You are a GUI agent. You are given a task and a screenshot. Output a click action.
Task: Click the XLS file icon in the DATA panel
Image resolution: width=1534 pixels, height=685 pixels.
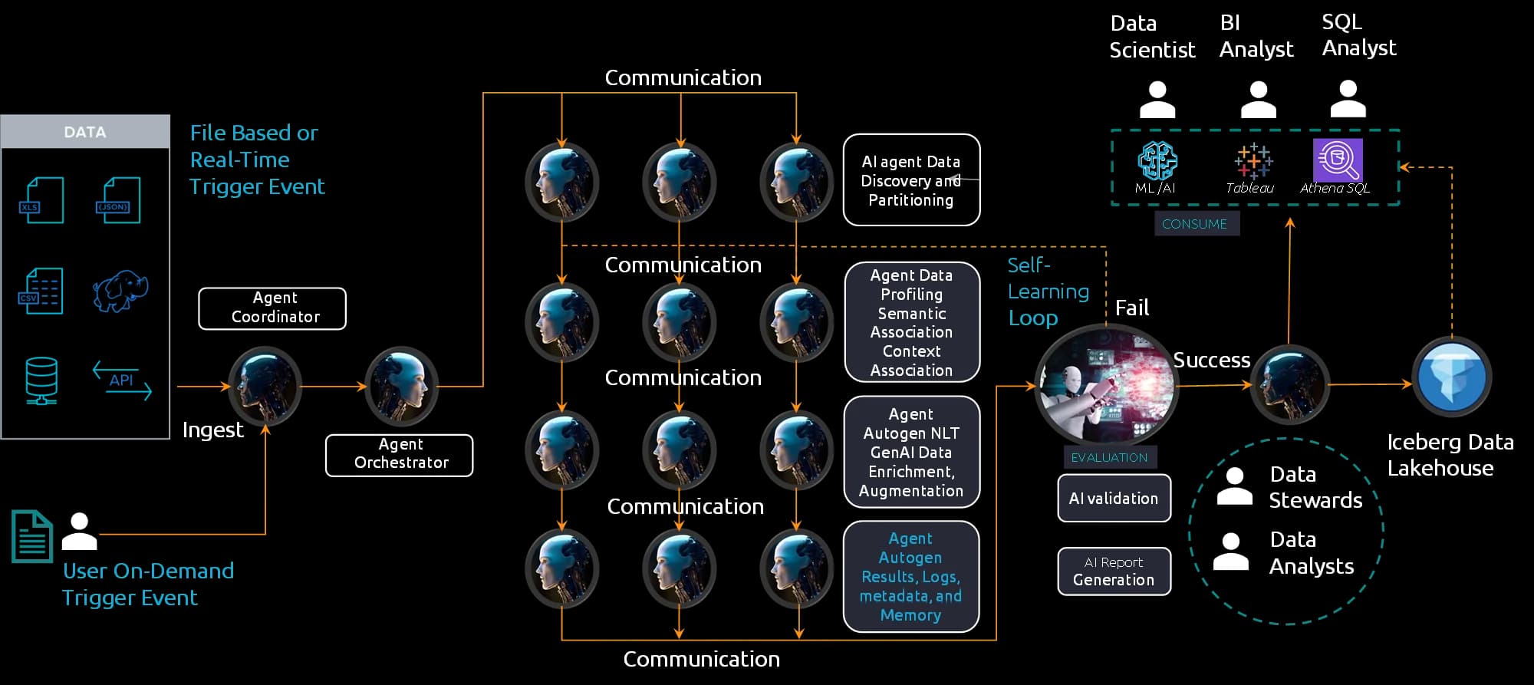pyautogui.click(x=41, y=200)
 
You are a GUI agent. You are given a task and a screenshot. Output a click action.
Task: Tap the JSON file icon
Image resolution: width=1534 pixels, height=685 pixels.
pyautogui.click(x=117, y=200)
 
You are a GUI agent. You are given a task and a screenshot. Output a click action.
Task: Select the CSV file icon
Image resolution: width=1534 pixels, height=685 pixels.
pyautogui.click(x=41, y=291)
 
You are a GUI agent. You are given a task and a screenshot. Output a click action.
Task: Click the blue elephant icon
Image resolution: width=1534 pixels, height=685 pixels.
pyautogui.click(x=120, y=291)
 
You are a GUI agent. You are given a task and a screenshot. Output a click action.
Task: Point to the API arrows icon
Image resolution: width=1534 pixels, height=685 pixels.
pyautogui.click(x=122, y=380)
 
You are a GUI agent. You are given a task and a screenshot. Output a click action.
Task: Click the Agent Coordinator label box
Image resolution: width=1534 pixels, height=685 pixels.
pyautogui.click(x=272, y=308)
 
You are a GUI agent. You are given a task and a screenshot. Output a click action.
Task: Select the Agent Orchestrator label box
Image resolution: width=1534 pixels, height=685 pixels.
pyautogui.click(x=399, y=455)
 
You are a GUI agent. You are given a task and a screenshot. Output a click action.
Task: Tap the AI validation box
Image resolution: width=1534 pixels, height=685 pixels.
pyautogui.click(x=1114, y=499)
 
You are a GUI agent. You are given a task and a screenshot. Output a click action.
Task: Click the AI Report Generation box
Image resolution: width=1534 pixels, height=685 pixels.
pyautogui.click(x=1114, y=571)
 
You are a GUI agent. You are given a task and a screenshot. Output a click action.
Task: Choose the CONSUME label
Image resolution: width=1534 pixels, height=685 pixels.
pyautogui.click(x=1195, y=224)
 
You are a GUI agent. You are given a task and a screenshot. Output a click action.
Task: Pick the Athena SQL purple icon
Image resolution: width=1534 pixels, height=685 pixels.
pyautogui.click(x=1338, y=160)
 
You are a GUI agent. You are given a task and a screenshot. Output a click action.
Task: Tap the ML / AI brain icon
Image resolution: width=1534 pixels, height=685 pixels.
pyautogui.click(x=1157, y=160)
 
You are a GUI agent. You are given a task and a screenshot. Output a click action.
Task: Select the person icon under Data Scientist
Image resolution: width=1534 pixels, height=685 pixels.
pyautogui.click(x=1157, y=100)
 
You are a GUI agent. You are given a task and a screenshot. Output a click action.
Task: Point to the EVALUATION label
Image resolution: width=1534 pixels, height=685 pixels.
pyautogui.click(x=1109, y=457)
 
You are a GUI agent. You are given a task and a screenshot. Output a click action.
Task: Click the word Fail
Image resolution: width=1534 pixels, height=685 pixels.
pyautogui.click(x=1131, y=308)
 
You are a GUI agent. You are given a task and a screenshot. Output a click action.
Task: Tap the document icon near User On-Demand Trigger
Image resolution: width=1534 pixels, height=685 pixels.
pyautogui.click(x=31, y=536)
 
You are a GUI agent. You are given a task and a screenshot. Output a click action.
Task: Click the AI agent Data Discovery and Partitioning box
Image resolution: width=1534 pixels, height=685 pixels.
pyautogui.click(x=911, y=180)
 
